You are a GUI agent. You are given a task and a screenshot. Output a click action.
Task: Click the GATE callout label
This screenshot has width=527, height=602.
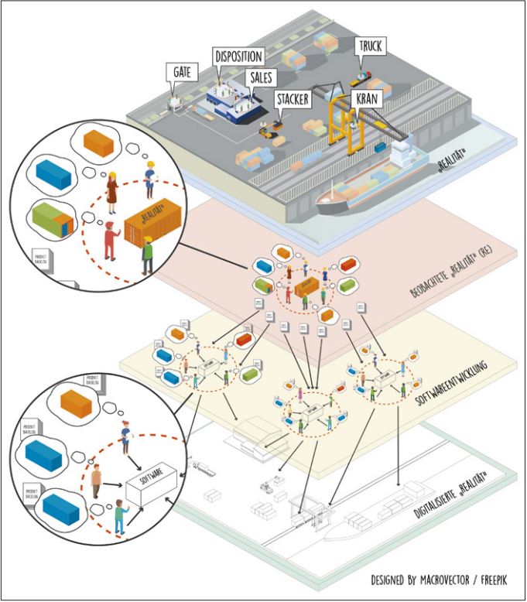tap(182, 73)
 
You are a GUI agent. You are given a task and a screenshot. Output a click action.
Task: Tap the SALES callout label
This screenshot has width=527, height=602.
tap(263, 77)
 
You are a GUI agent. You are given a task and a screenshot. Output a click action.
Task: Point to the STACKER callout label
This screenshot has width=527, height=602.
tap(293, 99)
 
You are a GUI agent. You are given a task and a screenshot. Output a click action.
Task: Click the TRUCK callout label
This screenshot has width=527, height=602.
tap(370, 46)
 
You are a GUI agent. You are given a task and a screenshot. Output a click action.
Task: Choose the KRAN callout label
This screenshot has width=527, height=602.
tap(366, 98)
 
